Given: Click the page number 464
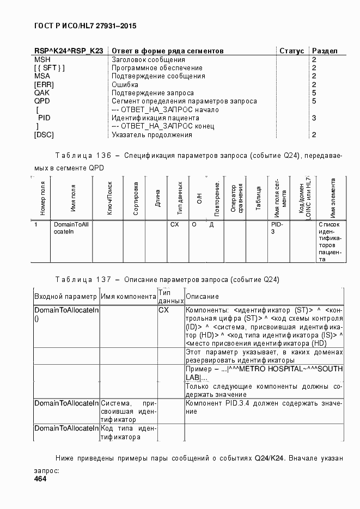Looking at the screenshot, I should [41, 479].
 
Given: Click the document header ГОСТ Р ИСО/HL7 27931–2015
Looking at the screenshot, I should [85, 26].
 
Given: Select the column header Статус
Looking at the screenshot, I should [291, 51].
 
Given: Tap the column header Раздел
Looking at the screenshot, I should [325, 51].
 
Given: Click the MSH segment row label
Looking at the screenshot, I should [42, 59].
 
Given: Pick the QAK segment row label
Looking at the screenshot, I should [42, 93].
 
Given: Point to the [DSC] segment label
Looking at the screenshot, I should [44, 134].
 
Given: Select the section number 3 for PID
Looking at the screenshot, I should [314, 118].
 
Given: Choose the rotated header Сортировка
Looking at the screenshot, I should [136, 198].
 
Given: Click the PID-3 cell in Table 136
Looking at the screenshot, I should [277, 228].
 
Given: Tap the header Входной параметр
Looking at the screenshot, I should [65, 297].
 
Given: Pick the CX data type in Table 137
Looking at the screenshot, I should [164, 310].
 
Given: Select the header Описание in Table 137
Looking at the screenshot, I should [203, 297].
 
